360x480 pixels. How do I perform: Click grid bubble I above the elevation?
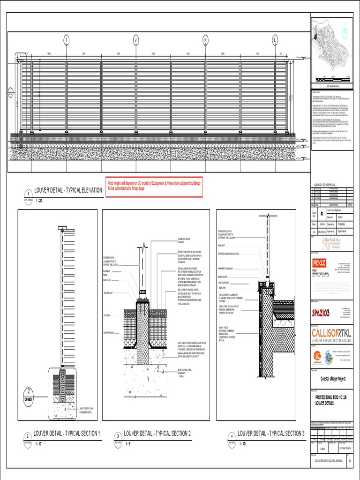[x=67, y=40]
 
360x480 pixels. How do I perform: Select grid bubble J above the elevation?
[x=136, y=40]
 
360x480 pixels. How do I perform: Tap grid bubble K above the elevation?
[x=205, y=40]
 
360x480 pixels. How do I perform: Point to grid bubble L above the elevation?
[x=275, y=40]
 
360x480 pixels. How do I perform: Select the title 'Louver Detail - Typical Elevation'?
[x=68, y=190]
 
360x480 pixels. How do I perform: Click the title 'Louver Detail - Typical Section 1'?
[x=66, y=434]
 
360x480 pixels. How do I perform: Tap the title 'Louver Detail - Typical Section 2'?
[x=157, y=434]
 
